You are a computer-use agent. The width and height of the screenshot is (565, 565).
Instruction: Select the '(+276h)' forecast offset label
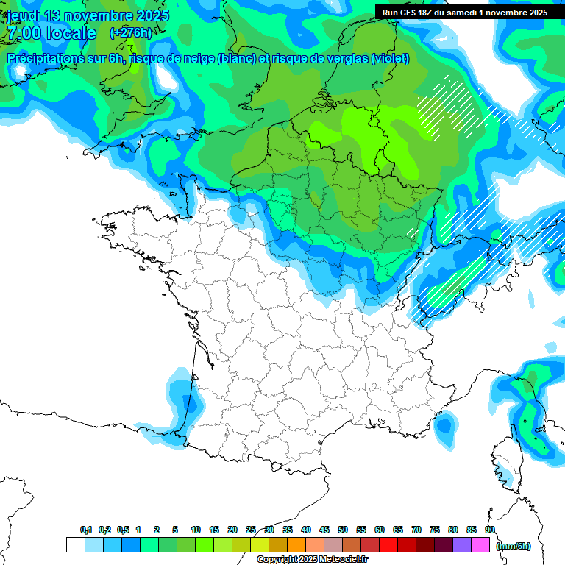(x=130, y=33)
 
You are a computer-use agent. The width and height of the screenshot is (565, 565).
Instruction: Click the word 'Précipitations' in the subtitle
(x=46, y=59)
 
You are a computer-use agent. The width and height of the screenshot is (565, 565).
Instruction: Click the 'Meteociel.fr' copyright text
(x=338, y=560)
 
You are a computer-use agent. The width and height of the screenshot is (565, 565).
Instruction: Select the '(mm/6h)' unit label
(x=513, y=545)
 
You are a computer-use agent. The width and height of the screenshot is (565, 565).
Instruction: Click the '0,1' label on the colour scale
(x=86, y=530)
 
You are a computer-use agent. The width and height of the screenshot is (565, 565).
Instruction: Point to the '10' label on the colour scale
(x=196, y=530)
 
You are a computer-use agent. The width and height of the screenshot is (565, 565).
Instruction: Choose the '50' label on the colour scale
(x=343, y=530)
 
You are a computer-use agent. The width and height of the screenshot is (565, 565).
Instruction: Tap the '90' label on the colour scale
(x=489, y=530)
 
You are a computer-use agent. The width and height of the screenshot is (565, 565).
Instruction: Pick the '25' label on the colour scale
(x=251, y=530)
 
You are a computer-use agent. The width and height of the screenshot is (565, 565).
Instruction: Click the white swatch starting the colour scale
(x=76, y=545)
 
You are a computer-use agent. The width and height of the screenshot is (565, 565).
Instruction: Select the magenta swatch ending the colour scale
(x=480, y=545)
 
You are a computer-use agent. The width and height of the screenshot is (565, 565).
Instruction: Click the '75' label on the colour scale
(x=435, y=530)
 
